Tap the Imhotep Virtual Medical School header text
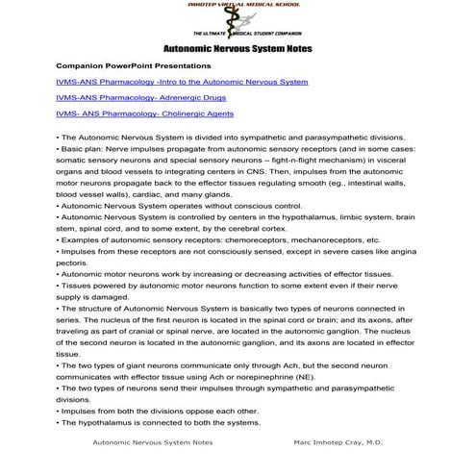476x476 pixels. pyautogui.click(x=238, y=5)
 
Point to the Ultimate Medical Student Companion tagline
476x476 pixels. pyautogui.click(x=238, y=34)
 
